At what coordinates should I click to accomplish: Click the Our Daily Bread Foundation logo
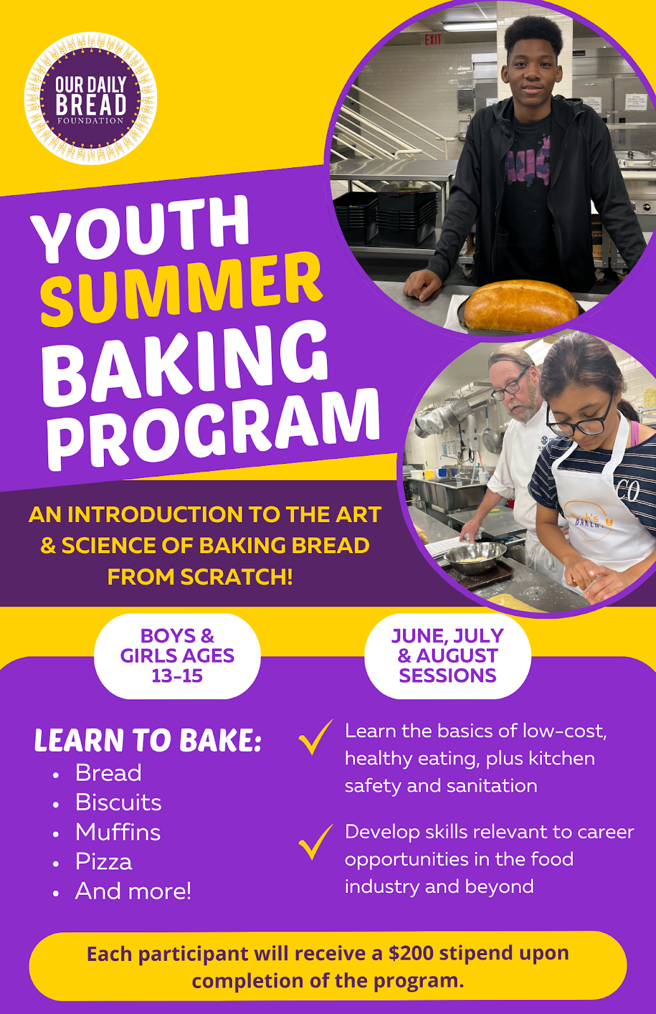click(x=91, y=98)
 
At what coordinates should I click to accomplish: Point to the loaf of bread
click(x=520, y=306)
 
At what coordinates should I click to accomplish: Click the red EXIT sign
click(x=433, y=40)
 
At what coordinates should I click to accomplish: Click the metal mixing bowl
click(x=475, y=557)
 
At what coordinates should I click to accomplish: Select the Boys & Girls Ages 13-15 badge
click(x=177, y=656)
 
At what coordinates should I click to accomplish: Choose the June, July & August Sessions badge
click(x=447, y=656)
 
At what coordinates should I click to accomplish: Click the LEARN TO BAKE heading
click(x=148, y=740)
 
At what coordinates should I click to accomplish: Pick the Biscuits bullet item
click(x=119, y=802)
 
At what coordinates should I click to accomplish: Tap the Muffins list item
click(x=118, y=832)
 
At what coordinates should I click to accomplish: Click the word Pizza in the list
click(x=104, y=862)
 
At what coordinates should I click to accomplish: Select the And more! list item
click(x=133, y=891)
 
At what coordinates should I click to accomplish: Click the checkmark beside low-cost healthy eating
click(x=315, y=737)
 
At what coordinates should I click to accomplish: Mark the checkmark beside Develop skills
click(x=315, y=842)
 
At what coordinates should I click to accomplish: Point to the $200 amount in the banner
click(x=411, y=953)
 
